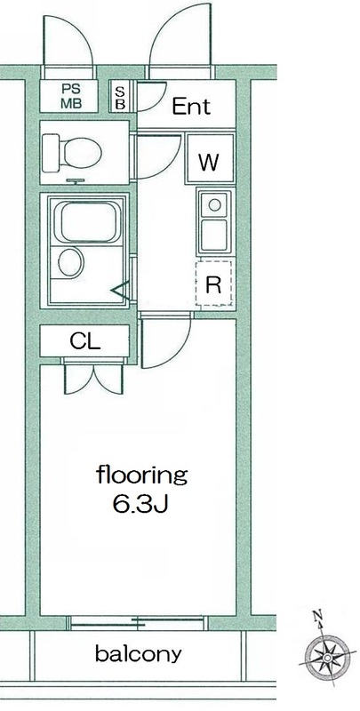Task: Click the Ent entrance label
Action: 191,107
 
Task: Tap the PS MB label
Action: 71,96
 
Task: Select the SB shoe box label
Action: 120,98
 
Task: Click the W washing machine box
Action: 210,159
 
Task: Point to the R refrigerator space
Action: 213,284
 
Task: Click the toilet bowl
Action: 72,153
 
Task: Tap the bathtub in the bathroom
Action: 87,222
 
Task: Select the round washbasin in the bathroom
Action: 71,262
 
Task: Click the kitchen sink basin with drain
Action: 214,205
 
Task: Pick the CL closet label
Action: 84,341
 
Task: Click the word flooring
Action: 141,475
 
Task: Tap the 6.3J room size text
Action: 140,504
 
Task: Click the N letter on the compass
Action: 318,616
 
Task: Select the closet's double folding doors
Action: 93,377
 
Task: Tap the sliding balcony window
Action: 138,623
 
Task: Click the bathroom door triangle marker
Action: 120,290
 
